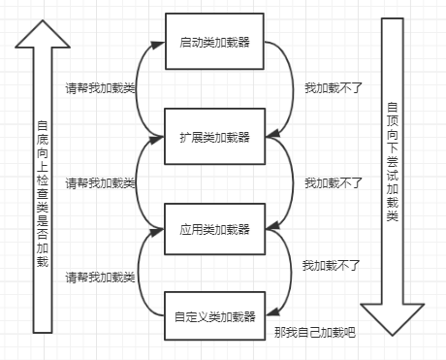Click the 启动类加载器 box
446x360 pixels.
(x=213, y=43)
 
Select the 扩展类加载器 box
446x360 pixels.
(x=213, y=135)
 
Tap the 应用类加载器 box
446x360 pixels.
(x=213, y=230)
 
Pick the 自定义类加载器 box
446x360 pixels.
(x=213, y=315)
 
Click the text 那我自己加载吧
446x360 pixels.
(x=315, y=334)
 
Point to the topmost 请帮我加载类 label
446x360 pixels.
(x=100, y=85)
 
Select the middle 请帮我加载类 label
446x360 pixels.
(x=100, y=181)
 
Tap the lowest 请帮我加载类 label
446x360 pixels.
(x=100, y=278)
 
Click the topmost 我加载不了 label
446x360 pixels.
(x=334, y=86)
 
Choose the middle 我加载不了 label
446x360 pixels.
(x=334, y=181)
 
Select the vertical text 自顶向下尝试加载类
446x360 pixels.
(x=392, y=165)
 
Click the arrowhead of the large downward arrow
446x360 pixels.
(x=392, y=316)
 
